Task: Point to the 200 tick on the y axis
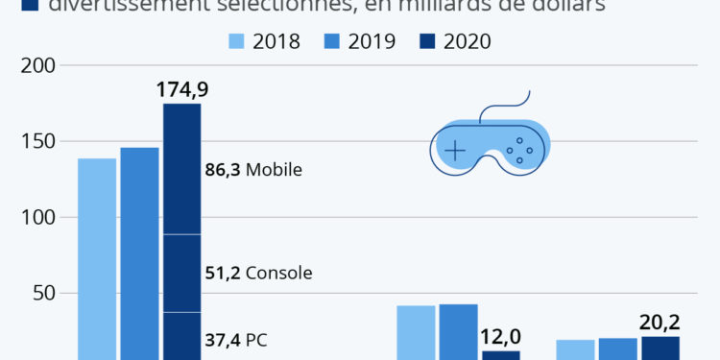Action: coord(39,66)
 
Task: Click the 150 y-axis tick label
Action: coord(39,142)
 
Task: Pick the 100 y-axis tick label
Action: coord(39,218)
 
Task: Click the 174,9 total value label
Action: coord(182,91)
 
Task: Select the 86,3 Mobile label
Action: coord(253,170)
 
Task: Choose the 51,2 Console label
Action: coord(258,273)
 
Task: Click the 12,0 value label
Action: coord(500,336)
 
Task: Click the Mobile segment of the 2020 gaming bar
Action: coord(181,168)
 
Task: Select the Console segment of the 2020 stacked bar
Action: coord(181,273)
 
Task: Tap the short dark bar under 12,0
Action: coord(500,354)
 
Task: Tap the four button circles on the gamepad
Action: coord(519,150)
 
